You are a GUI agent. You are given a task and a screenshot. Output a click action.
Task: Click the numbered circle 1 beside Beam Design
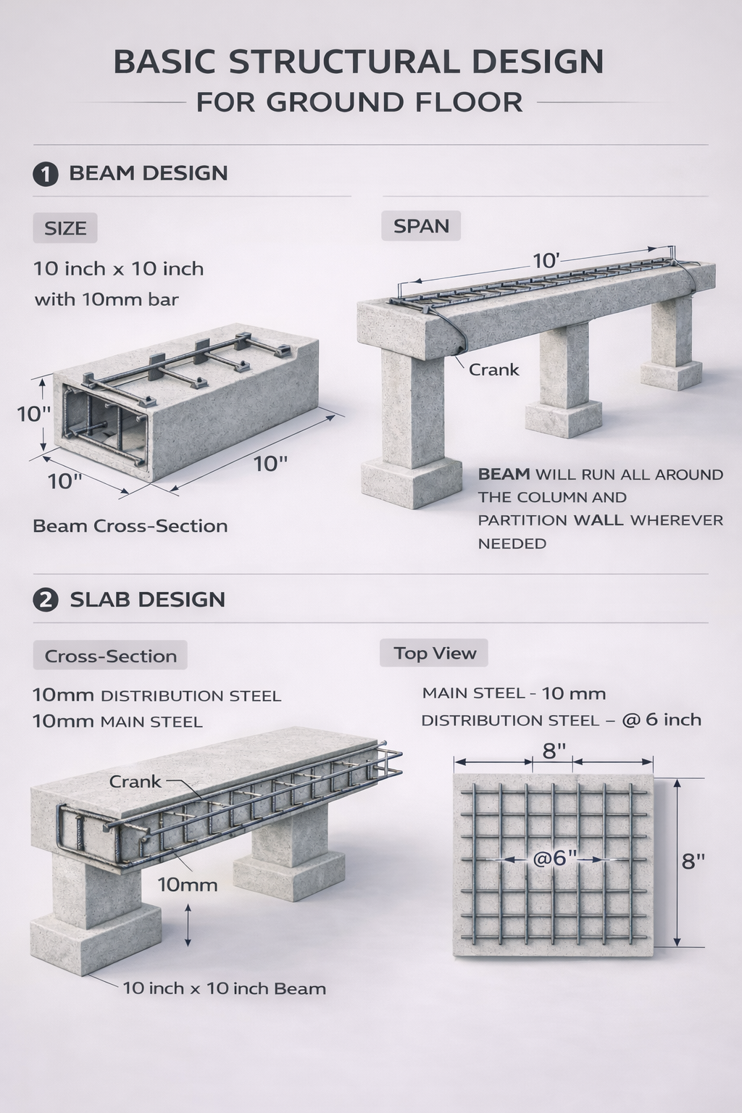pyautogui.click(x=46, y=174)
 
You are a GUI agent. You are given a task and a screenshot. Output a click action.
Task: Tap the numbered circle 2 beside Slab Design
pyautogui.click(x=46, y=600)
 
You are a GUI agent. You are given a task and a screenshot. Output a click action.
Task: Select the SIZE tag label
pyautogui.click(x=65, y=228)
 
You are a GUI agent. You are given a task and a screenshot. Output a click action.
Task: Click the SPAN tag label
pyautogui.click(x=421, y=226)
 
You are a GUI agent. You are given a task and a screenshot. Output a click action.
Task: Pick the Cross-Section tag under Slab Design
pyautogui.click(x=110, y=656)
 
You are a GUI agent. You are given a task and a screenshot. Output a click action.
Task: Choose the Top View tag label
pyautogui.click(x=434, y=653)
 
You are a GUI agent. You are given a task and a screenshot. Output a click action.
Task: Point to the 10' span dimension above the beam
pyautogui.click(x=546, y=261)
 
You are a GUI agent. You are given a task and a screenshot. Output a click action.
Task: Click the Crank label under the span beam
pyautogui.click(x=493, y=370)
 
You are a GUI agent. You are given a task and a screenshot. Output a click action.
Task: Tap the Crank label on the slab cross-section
pyautogui.click(x=135, y=781)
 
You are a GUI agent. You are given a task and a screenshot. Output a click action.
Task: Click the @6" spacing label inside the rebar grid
pyautogui.click(x=554, y=858)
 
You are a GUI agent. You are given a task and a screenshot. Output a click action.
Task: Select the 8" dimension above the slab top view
pyautogui.click(x=554, y=751)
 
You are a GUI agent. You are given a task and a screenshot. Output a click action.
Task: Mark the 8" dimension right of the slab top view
pyautogui.click(x=693, y=861)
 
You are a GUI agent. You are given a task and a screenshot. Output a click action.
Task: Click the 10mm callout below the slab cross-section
pyautogui.click(x=188, y=884)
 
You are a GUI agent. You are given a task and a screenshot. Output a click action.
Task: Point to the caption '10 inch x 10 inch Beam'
pyautogui.click(x=224, y=988)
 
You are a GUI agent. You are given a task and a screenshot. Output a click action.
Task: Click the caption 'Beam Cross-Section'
pyautogui.click(x=130, y=526)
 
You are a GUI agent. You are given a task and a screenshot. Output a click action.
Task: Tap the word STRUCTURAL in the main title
pyautogui.click(x=344, y=62)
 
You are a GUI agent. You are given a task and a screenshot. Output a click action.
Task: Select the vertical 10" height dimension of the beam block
pyautogui.click(x=33, y=414)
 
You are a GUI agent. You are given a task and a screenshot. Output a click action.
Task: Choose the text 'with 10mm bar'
pyautogui.click(x=107, y=299)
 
